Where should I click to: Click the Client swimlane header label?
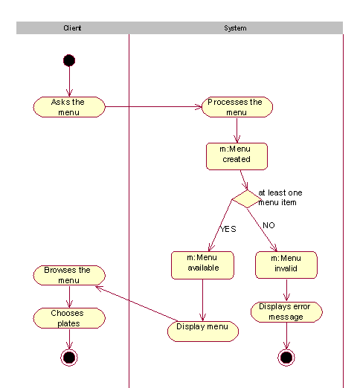tap(72, 28)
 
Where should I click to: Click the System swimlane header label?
tap(235, 28)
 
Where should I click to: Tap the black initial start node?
tap(69, 60)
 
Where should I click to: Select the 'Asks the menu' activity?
tap(69, 107)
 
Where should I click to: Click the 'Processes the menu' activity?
tap(237, 107)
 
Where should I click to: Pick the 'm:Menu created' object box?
tap(237, 156)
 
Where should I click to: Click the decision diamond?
tap(247, 199)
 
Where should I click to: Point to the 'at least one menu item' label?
tap(280, 198)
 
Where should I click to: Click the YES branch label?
tap(228, 229)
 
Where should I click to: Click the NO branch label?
tap(269, 225)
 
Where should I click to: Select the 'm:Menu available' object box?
tap(202, 265)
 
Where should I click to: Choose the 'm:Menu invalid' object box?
tap(286, 265)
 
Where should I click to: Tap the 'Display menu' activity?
tap(203, 332)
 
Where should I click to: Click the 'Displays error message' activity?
tap(286, 312)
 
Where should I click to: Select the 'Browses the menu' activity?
tap(69, 275)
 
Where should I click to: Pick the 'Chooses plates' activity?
tap(69, 318)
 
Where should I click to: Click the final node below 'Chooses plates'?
tap(69, 358)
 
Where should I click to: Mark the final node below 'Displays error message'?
tap(286, 358)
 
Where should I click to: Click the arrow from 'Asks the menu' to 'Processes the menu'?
tap(153, 107)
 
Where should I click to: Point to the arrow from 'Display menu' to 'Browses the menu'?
tap(136, 304)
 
